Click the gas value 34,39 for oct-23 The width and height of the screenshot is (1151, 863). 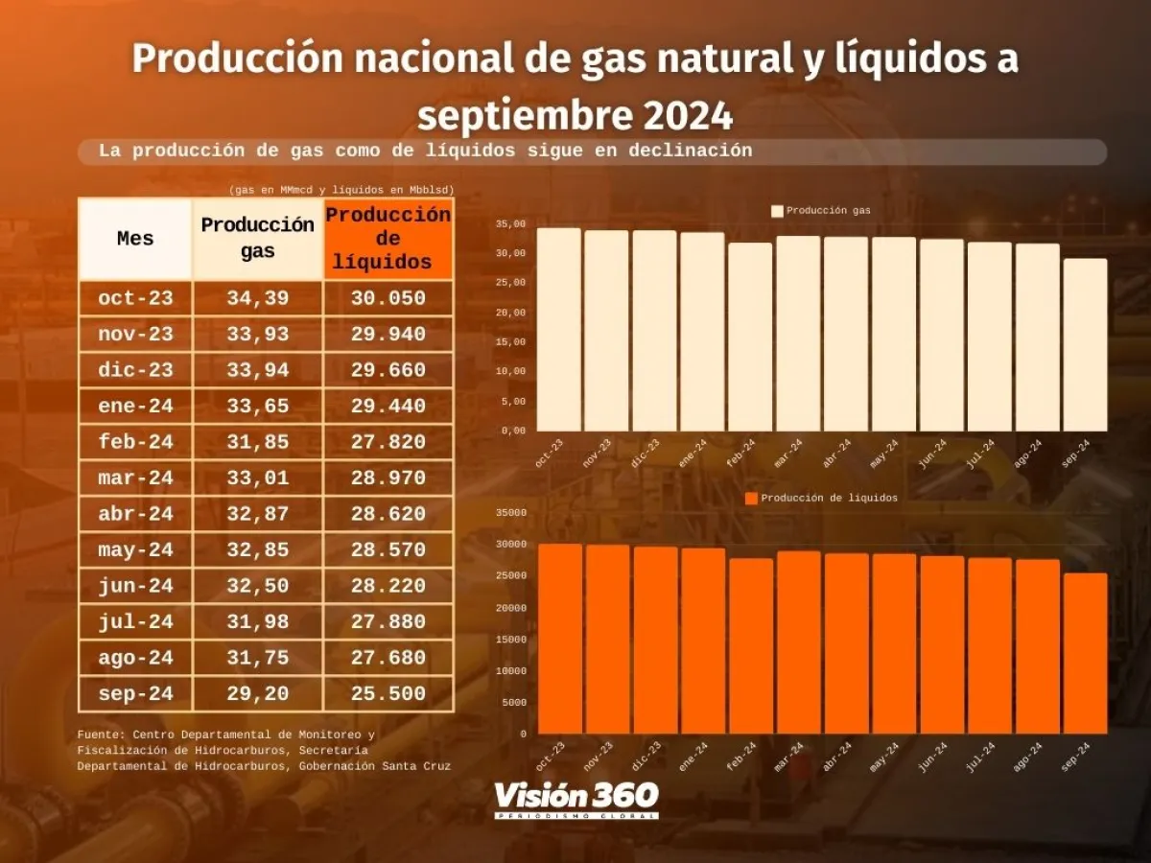pos(257,298)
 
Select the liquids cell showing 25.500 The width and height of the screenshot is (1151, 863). pos(388,693)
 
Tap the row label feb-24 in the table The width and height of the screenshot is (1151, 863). pos(135,442)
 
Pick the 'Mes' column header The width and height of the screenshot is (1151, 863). pos(135,239)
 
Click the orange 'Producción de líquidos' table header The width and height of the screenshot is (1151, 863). pos(388,239)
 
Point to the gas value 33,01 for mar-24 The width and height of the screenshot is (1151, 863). pos(257,478)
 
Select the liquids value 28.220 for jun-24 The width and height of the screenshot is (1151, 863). pos(388,585)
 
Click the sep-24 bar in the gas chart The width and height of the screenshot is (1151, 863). pos(1085,345)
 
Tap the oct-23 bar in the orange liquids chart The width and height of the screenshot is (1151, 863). pos(560,639)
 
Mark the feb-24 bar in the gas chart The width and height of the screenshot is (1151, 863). pos(750,337)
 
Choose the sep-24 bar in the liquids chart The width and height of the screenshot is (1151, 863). pos(1084,653)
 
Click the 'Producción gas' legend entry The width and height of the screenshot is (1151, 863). pos(821,210)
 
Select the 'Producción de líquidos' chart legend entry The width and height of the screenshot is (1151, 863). pos(821,498)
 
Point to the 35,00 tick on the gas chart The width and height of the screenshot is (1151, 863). pos(510,223)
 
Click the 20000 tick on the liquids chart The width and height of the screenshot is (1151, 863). pos(510,608)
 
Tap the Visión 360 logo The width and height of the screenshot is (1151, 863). pos(575,799)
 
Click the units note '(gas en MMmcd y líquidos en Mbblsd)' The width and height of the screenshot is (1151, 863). pos(341,189)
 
